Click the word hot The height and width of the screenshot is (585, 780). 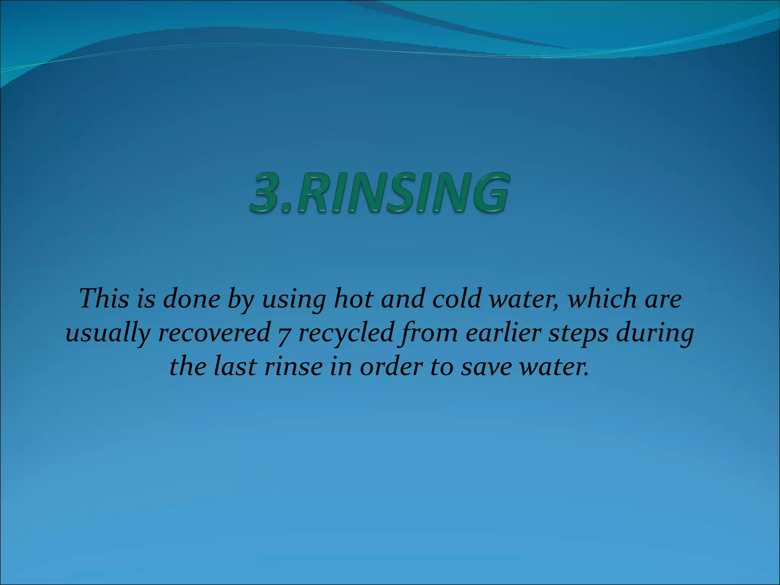click(x=352, y=299)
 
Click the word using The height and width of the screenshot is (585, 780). click(x=293, y=299)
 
